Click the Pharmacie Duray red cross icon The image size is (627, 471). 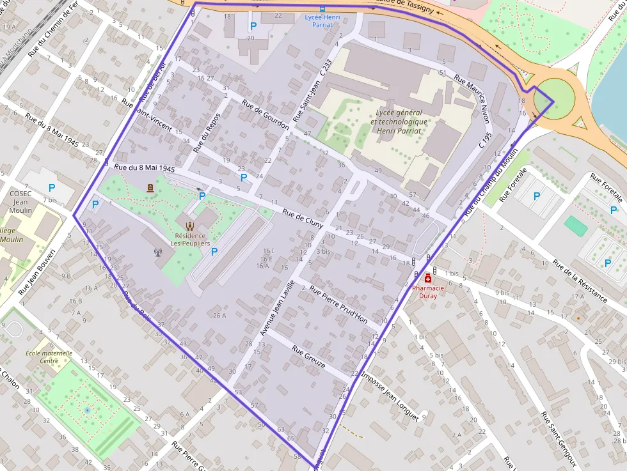coord(428,279)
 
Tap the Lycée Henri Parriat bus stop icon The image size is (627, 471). coord(322,9)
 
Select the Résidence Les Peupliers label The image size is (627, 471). coord(189,240)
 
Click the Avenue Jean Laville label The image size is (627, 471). coord(277,308)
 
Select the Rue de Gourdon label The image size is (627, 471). coord(266,115)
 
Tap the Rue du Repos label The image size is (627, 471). coord(207,132)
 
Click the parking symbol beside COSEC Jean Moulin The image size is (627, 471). coord(52,189)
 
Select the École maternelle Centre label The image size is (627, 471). coord(49,357)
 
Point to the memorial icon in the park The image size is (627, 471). coord(150,188)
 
